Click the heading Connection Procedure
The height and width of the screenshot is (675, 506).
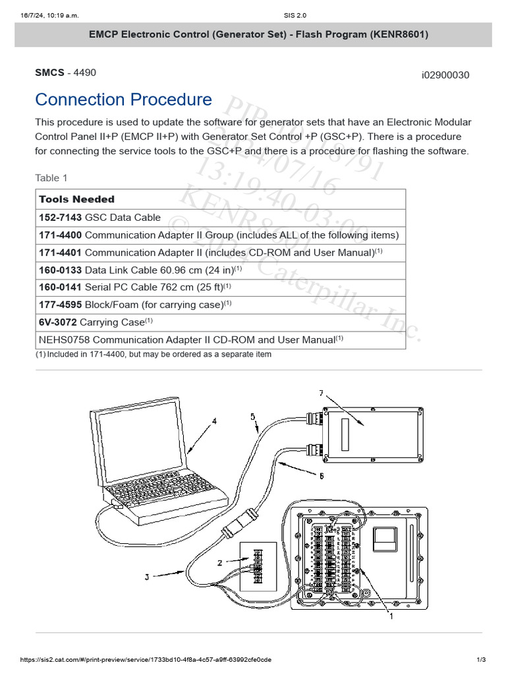[123, 100]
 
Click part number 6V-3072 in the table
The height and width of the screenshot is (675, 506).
[58, 322]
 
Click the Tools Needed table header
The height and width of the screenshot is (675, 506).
[76, 199]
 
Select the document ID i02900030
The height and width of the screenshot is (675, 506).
[445, 74]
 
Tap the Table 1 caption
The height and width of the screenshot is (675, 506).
[51, 178]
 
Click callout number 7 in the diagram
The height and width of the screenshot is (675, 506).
[321, 394]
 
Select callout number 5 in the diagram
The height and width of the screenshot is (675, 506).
[252, 416]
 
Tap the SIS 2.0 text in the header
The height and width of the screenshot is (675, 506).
[252, 15]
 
